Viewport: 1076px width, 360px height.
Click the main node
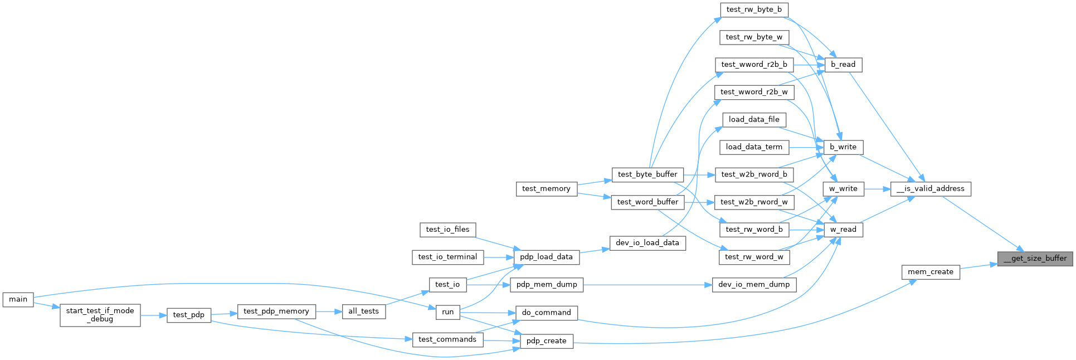coord(18,299)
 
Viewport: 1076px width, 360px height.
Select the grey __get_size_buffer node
coord(1035,258)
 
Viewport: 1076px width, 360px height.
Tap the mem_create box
coord(931,272)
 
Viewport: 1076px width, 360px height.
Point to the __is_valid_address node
coord(930,189)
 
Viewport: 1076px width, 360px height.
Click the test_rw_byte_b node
coord(754,9)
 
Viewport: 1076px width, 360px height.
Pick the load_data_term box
coord(754,147)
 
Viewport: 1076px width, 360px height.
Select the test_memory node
coord(546,189)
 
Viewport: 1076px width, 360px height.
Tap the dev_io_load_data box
coord(647,243)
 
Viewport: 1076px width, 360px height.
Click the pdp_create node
coord(546,341)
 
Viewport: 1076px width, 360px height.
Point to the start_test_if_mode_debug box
coord(100,315)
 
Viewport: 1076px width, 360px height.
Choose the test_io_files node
coord(447,230)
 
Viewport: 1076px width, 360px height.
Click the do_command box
coord(546,313)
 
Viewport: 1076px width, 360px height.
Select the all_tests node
coord(363,312)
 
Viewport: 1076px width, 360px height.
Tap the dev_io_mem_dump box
coord(754,285)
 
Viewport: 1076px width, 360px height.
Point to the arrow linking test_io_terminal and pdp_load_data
coord(498,257)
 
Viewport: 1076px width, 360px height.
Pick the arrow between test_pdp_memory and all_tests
coord(329,312)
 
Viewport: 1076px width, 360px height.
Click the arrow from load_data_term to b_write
coord(806,147)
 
